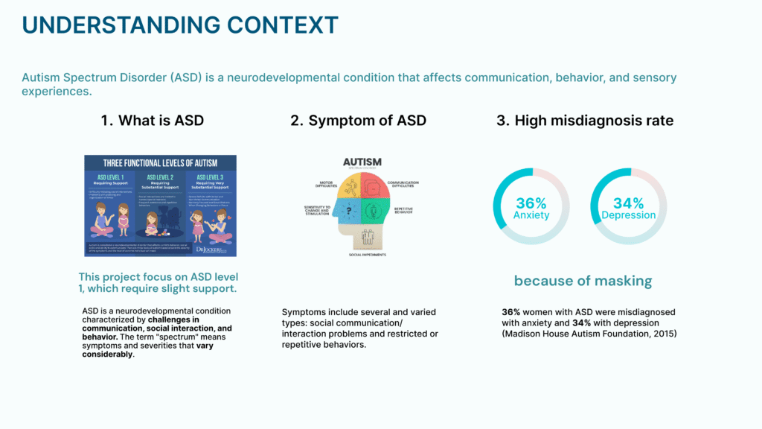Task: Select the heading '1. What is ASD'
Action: (x=153, y=121)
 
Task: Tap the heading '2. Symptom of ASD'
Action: (x=358, y=121)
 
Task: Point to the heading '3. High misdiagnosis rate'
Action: (x=585, y=121)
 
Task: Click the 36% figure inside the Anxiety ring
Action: (x=531, y=203)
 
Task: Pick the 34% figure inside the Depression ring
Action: (x=628, y=203)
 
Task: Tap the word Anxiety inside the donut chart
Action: (x=531, y=215)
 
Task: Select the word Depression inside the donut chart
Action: (x=629, y=215)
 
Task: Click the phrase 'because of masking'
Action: (x=583, y=281)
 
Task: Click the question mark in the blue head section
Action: (x=348, y=212)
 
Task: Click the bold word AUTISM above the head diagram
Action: (x=362, y=162)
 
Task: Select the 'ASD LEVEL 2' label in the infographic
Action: (x=160, y=177)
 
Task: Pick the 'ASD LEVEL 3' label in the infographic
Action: (x=210, y=177)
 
